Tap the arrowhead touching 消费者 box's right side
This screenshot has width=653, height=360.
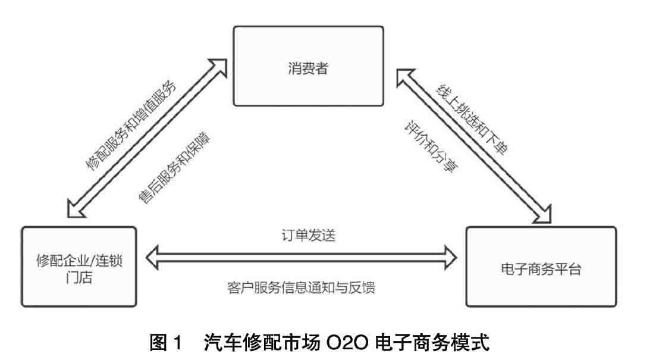point(405,76)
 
